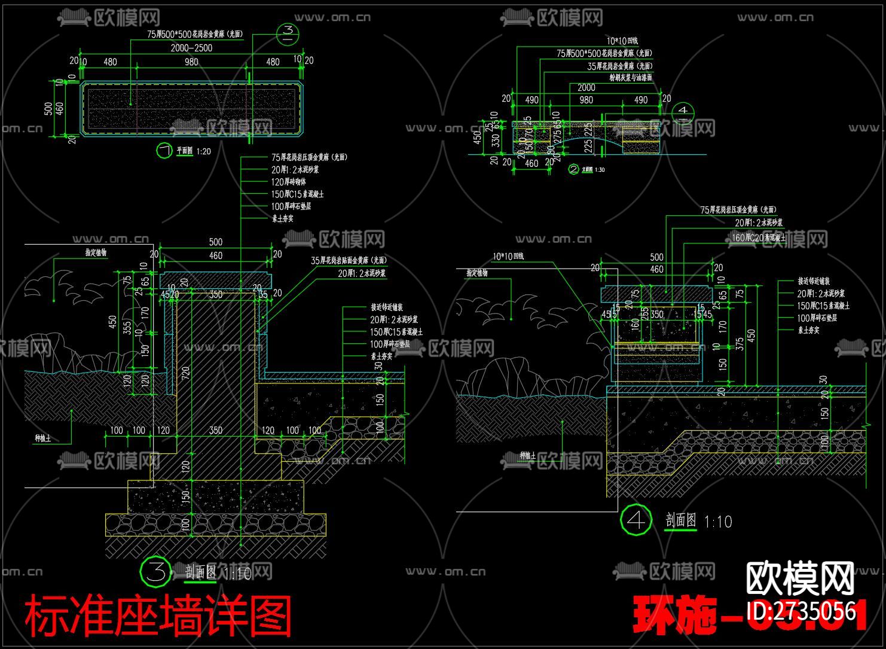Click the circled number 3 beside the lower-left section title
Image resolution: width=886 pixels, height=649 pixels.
(x=155, y=572)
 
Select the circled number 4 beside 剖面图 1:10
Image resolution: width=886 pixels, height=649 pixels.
(x=636, y=520)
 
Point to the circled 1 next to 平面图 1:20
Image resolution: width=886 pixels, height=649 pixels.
(x=163, y=151)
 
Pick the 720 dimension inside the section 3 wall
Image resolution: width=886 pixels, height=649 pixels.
(x=185, y=375)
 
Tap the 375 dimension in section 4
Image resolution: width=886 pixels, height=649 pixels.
(x=740, y=344)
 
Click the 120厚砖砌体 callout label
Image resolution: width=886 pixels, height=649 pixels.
(x=289, y=182)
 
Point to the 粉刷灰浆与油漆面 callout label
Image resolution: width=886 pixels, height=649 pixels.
(x=630, y=78)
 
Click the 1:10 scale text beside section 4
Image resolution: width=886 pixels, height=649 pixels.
(x=718, y=522)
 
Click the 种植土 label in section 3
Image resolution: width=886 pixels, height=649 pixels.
(x=42, y=438)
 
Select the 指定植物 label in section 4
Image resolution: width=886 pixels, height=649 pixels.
(x=478, y=273)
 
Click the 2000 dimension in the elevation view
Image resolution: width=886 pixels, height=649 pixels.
(x=586, y=87)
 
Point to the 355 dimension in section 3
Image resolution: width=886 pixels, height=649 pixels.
(x=127, y=328)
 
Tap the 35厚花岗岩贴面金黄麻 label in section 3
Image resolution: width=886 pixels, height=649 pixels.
(x=349, y=260)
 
